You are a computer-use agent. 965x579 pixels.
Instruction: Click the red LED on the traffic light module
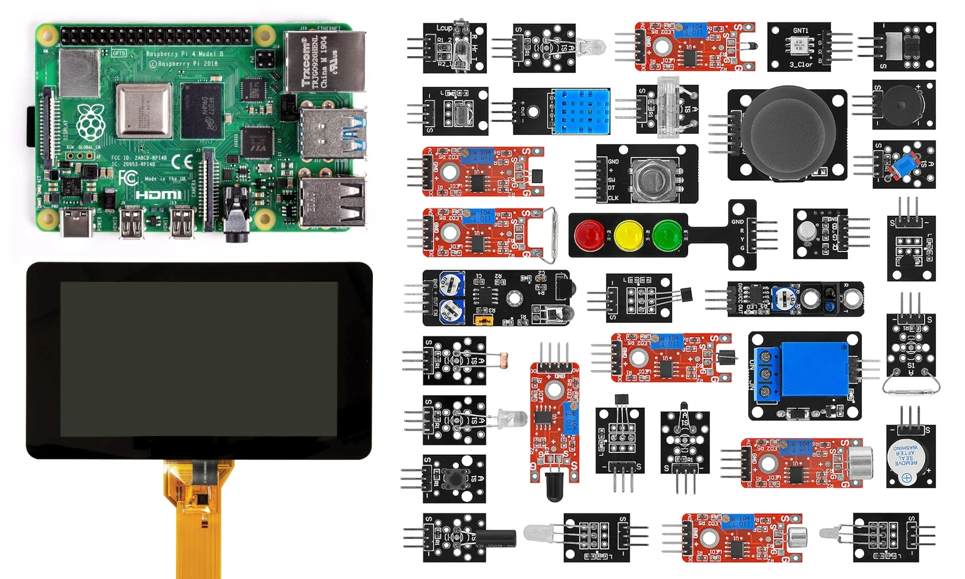click(590, 235)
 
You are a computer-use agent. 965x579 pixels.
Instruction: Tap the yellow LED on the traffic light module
click(628, 235)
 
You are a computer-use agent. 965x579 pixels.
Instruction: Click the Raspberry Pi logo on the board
click(90, 122)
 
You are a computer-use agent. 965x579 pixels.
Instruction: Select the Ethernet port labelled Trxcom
click(324, 62)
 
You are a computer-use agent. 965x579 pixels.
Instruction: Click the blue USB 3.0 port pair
click(332, 134)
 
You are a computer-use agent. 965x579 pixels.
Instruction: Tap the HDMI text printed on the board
click(158, 195)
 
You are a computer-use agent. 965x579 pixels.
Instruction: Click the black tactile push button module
click(454, 479)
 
